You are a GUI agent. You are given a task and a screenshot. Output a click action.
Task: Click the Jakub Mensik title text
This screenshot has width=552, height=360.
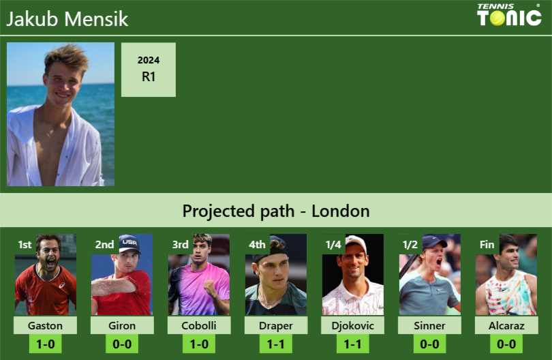(x=67, y=18)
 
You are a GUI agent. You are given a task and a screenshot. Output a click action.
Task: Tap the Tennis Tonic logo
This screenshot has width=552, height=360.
(x=509, y=15)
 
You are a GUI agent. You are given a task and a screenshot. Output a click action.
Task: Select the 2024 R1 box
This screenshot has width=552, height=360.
(x=149, y=70)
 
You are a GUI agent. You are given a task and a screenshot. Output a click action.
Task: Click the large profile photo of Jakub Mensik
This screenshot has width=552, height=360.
(x=61, y=115)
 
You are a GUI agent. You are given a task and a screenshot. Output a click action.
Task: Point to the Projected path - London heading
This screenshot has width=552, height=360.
(x=276, y=211)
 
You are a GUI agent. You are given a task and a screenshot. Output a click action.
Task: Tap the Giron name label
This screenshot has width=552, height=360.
(x=122, y=326)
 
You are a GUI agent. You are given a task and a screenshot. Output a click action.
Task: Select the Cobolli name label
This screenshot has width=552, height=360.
(x=199, y=326)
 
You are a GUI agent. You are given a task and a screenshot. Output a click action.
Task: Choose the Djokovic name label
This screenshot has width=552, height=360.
(x=352, y=326)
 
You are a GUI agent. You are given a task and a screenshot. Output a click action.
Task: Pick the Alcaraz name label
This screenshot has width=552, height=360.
(x=506, y=326)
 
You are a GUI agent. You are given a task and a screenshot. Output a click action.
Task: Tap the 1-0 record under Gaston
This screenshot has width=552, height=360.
(x=46, y=344)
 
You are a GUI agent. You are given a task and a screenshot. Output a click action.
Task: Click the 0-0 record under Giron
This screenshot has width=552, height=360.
(x=122, y=344)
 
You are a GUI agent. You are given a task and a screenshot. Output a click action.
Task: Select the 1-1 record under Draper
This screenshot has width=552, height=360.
(x=276, y=344)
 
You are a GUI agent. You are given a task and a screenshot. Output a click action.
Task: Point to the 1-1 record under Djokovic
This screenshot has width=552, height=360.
(x=352, y=344)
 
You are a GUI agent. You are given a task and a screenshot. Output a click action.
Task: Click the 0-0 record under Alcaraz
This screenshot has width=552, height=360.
(x=506, y=344)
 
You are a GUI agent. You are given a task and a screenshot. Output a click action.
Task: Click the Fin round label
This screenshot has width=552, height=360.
(x=487, y=245)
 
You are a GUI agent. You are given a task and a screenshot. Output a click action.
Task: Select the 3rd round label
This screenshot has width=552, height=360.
(x=180, y=245)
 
